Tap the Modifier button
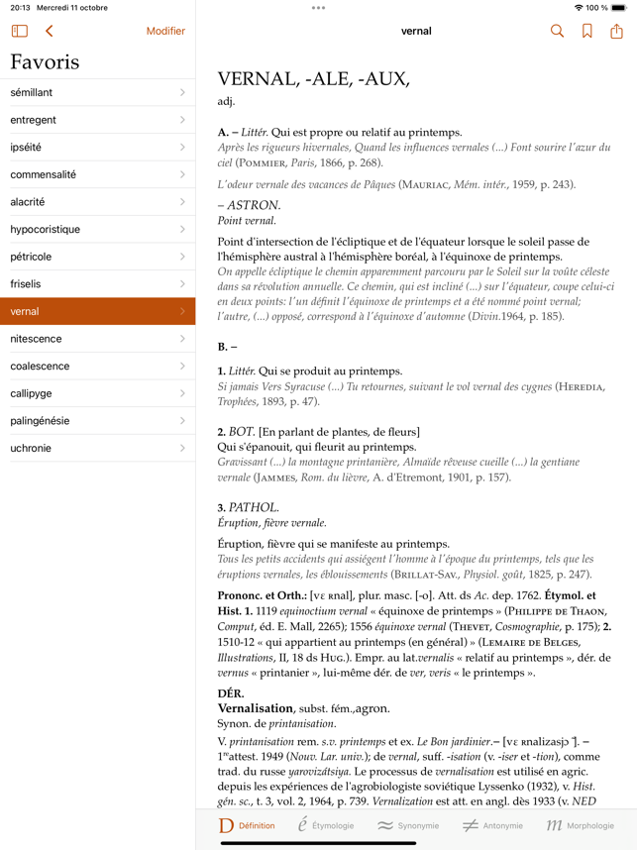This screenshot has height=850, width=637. [x=165, y=31]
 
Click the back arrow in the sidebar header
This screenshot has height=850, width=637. [x=49, y=31]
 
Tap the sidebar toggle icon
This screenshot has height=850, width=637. [x=20, y=31]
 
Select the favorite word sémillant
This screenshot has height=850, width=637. [x=97, y=92]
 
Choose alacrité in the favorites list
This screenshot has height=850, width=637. [x=97, y=202]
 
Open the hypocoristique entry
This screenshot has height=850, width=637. [x=97, y=229]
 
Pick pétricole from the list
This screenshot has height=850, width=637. [x=97, y=257]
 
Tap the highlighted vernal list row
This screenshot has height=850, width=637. [x=97, y=311]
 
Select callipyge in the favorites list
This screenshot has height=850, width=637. [x=97, y=393]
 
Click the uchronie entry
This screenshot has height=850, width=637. [x=97, y=448]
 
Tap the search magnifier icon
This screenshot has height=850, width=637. [x=557, y=31]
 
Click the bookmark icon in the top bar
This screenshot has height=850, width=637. [x=587, y=31]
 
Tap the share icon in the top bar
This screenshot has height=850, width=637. [x=616, y=31]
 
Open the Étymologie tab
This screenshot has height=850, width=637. [x=325, y=825]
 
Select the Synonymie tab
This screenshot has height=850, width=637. [x=407, y=825]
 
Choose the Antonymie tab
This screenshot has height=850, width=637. [x=491, y=825]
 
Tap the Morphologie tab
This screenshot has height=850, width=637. [x=580, y=825]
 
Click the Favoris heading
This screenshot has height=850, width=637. [x=45, y=61]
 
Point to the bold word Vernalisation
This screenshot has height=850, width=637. [x=256, y=708]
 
